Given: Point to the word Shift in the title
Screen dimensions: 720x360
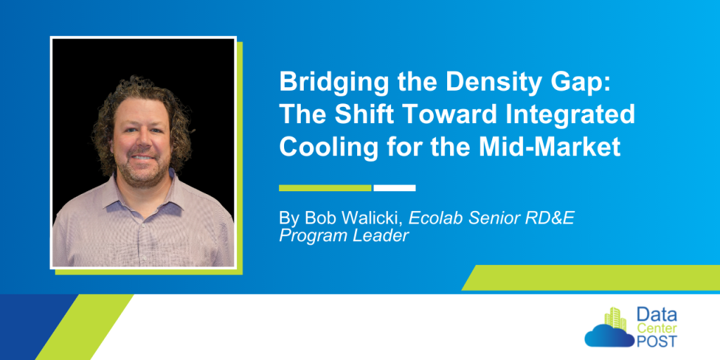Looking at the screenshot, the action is (x=364, y=115).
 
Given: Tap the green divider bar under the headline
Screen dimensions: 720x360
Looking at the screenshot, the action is (x=325, y=188).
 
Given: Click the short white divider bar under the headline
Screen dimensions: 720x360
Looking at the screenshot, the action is (x=394, y=188).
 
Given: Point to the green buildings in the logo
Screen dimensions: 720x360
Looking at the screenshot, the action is (x=616, y=319).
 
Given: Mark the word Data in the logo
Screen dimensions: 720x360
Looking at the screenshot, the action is (x=657, y=315).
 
